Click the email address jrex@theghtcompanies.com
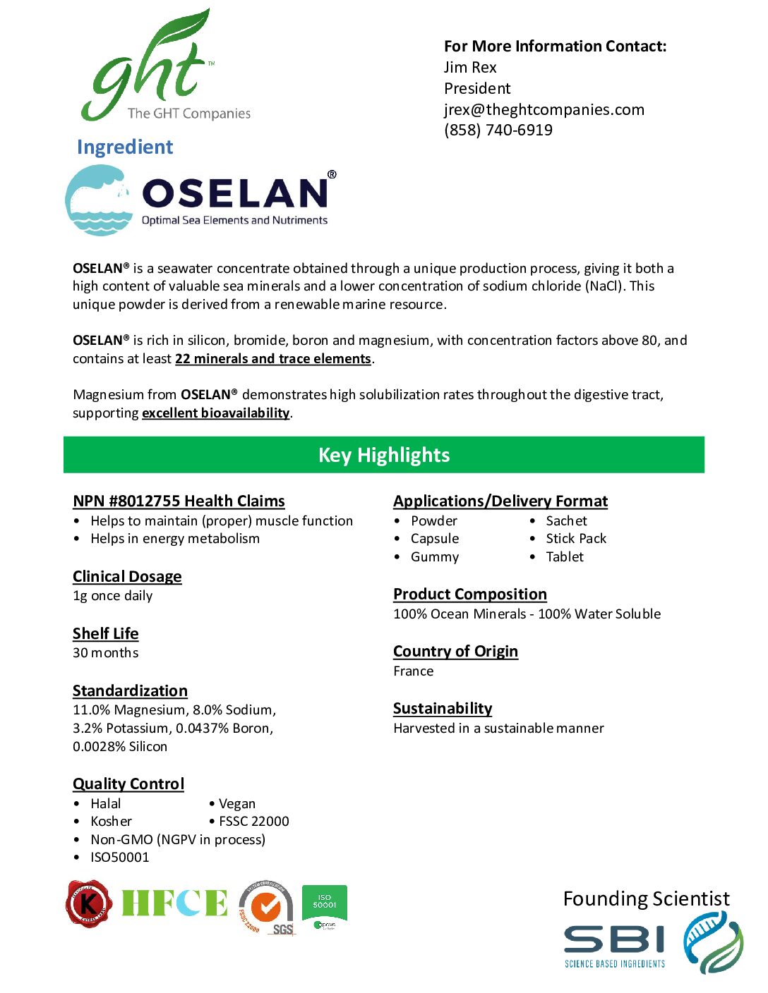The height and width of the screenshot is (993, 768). point(544,109)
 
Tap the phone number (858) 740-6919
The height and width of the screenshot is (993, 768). point(498,130)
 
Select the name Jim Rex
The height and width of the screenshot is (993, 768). point(470,67)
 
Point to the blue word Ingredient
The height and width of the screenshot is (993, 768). point(125,147)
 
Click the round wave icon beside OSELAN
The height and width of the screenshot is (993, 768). point(100,200)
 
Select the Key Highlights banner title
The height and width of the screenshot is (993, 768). point(384,455)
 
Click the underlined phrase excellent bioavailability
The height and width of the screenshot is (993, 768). point(215,413)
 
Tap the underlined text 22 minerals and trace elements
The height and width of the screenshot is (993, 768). point(272,358)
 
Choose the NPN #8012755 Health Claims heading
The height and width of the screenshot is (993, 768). point(179,501)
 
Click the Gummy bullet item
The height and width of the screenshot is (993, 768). point(435,556)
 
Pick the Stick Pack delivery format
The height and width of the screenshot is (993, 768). point(576,538)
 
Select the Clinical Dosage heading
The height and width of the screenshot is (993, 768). point(127,576)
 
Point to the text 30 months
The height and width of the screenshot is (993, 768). point(105,652)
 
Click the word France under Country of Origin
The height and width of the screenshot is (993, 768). point(414,671)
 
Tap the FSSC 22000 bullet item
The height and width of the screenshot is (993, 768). point(253,821)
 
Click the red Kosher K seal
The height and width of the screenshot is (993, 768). point(88,903)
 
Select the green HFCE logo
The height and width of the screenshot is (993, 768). point(174,903)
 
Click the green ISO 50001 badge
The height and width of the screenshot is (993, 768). point(324,907)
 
